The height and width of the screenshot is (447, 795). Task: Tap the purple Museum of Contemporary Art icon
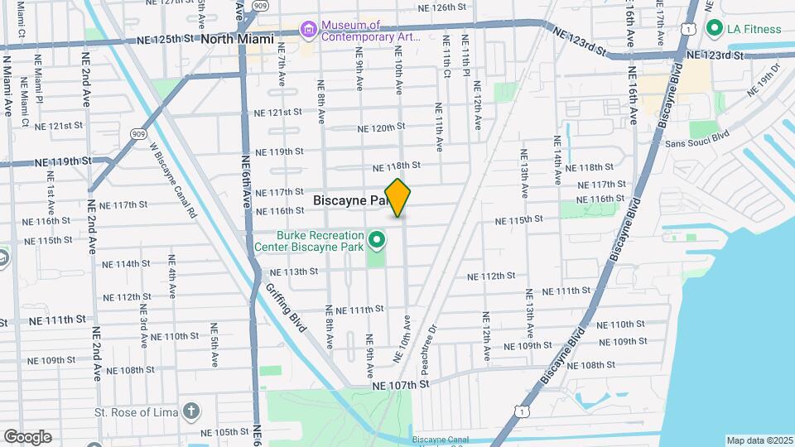pyautogui.click(x=309, y=31)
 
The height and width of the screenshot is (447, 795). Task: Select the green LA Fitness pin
pyautogui.click(x=714, y=29)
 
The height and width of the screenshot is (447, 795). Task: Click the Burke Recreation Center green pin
pyautogui.click(x=378, y=241)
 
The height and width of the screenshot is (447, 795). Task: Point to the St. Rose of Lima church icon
pyautogui.click(x=192, y=411)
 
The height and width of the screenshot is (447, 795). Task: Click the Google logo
pyautogui.click(x=27, y=437)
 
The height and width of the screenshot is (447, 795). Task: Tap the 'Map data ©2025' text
pyautogui.click(x=759, y=440)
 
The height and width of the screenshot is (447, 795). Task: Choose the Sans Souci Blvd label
pyautogui.click(x=697, y=138)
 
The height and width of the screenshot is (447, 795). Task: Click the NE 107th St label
pyautogui.click(x=402, y=385)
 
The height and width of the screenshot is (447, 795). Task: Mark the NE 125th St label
pyautogui.click(x=164, y=38)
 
